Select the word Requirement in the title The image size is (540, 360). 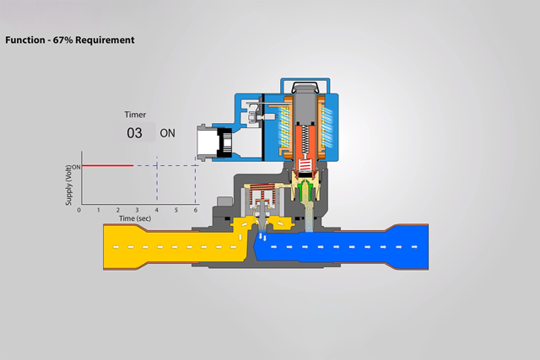(105, 40)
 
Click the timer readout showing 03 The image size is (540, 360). (135, 133)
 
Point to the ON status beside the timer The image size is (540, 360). (168, 133)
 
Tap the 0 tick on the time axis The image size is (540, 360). (80, 209)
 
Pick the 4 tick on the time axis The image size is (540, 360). (157, 209)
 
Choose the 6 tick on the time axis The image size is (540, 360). (196, 209)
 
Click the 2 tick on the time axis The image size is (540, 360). (118, 209)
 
